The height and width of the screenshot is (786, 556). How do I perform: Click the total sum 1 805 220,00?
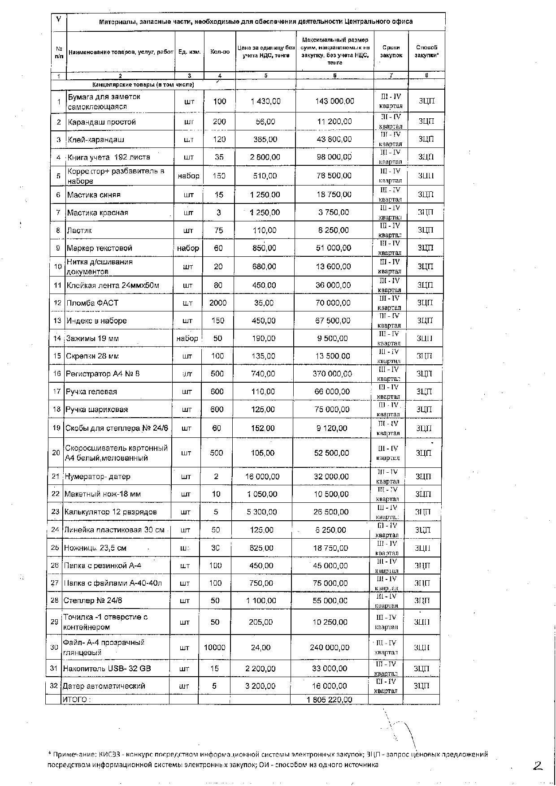click(330, 700)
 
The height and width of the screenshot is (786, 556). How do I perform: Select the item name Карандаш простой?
click(102, 122)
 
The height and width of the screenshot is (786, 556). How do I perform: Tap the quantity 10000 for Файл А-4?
click(214, 648)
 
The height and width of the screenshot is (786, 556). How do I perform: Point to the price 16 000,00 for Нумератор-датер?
click(262, 476)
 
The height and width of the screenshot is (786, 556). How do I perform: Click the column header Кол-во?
click(220, 52)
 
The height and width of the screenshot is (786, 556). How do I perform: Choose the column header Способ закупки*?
click(426, 51)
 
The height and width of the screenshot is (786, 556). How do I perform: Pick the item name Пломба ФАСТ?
click(93, 303)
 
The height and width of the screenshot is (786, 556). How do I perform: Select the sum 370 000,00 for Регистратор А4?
click(332, 374)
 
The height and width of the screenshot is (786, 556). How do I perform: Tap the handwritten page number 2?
click(538, 766)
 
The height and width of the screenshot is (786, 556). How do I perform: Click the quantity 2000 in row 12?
click(218, 303)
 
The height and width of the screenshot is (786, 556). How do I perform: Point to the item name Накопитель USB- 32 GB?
click(107, 669)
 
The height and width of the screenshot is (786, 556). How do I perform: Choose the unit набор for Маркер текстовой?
click(188, 248)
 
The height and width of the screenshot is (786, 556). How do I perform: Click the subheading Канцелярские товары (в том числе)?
click(143, 84)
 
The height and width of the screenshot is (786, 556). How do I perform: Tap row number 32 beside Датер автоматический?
click(54, 686)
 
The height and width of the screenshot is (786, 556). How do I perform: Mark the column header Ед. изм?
click(189, 52)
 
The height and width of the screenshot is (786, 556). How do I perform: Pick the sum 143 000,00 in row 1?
click(334, 101)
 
